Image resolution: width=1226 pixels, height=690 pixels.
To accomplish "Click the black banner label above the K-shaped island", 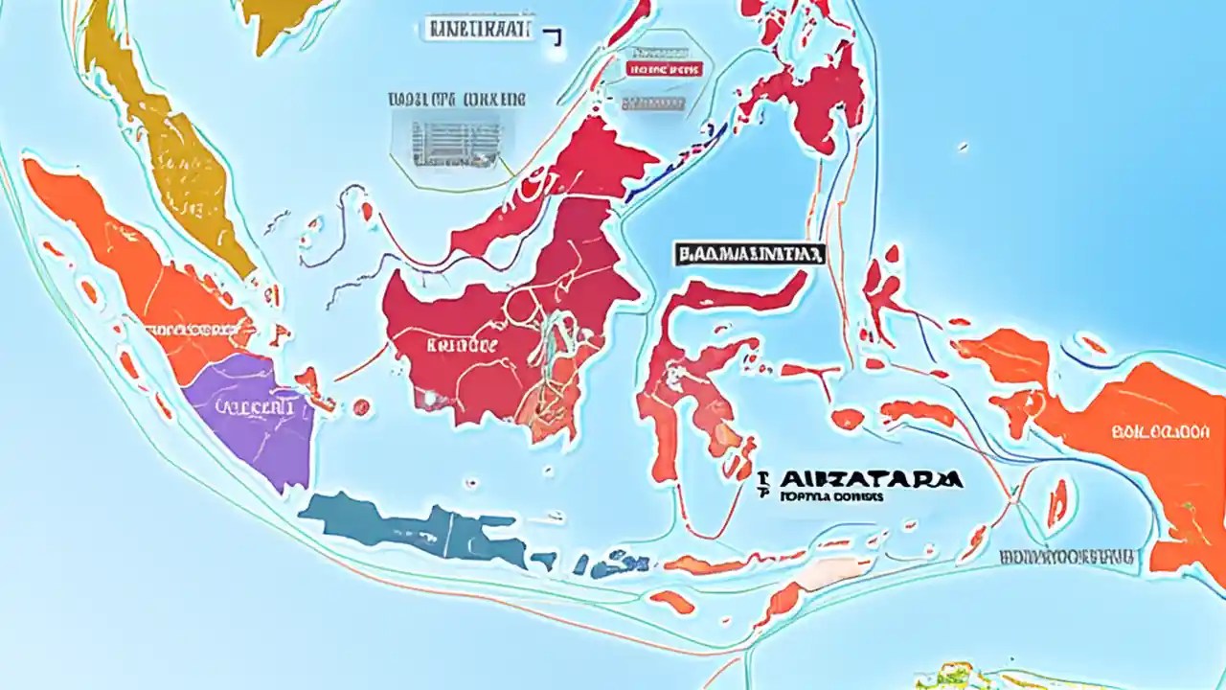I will coord(749,254).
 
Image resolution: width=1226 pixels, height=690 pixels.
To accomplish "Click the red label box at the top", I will coord(664,69).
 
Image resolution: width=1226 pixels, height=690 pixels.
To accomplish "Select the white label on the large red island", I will coord(463,344).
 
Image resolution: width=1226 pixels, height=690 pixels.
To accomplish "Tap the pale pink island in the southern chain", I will coord(819,573).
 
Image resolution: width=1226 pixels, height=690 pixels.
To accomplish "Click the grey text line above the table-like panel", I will coord(457,99).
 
